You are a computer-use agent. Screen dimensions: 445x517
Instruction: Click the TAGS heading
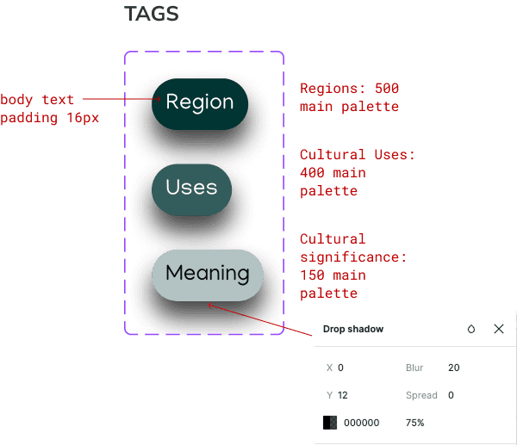click(152, 14)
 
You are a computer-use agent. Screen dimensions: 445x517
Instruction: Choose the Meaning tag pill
click(207, 275)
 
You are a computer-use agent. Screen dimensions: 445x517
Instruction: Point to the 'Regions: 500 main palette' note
click(349, 97)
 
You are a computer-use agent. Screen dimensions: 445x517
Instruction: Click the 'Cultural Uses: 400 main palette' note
click(357, 172)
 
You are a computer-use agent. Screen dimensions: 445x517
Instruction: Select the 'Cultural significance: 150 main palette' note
click(352, 266)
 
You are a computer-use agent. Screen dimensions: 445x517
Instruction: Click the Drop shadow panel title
click(353, 329)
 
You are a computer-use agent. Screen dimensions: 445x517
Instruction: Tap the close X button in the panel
click(499, 329)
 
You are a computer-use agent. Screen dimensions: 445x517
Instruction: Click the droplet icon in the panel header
click(471, 329)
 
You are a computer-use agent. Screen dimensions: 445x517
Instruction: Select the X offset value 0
click(341, 368)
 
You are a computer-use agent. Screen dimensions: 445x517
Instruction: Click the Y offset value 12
click(344, 395)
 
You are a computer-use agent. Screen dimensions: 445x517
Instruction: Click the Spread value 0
click(452, 395)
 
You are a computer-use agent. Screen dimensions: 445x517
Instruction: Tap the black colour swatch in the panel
click(330, 423)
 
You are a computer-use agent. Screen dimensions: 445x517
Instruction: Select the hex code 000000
click(362, 423)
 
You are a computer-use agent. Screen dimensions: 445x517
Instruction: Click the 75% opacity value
click(414, 423)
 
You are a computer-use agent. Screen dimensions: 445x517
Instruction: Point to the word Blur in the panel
click(414, 368)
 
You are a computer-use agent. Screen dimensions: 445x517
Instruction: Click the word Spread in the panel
click(420, 395)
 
